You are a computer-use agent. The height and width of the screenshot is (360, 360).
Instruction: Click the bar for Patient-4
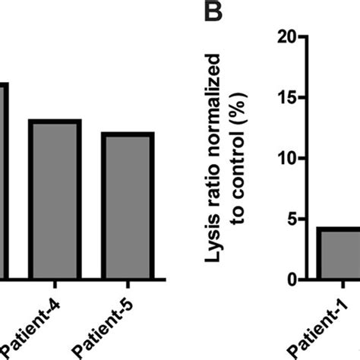pyautogui.click(x=54, y=199)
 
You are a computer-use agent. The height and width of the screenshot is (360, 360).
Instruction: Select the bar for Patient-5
pyautogui.click(x=128, y=205)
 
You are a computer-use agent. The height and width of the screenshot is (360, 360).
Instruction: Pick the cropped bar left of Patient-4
pyautogui.click(x=5, y=182)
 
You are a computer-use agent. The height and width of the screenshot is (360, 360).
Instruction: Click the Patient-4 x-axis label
pyautogui.click(x=38, y=323)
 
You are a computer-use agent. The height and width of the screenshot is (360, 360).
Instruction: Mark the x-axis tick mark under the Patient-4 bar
pyautogui.click(x=54, y=287)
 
